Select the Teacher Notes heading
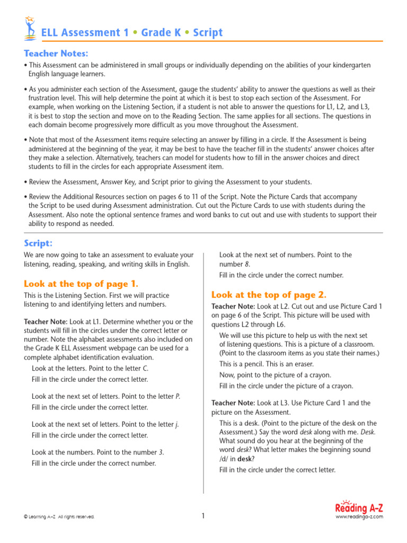[x=56, y=54]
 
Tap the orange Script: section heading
[x=38, y=243]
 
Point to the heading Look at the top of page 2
[x=269, y=295]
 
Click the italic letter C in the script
[x=146, y=369]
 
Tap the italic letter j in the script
[x=176, y=425]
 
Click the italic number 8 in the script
[x=247, y=265]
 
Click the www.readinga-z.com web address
[x=359, y=517]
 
